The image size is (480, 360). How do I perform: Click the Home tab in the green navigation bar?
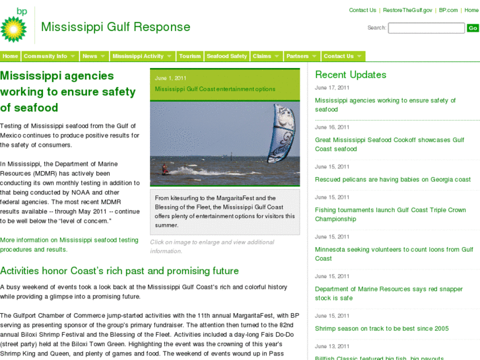(x=11, y=56)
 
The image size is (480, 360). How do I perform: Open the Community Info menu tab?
(x=50, y=56)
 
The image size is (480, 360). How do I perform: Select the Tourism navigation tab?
(x=189, y=56)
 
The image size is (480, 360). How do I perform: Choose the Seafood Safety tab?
(x=226, y=56)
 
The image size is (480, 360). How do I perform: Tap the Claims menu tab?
(x=265, y=56)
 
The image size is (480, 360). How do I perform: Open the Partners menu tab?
(x=301, y=56)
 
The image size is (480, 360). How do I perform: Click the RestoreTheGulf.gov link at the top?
(x=407, y=10)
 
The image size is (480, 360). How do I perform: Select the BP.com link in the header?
(x=448, y=10)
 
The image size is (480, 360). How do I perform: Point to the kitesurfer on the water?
(x=164, y=169)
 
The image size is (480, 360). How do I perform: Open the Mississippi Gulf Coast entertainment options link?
(x=215, y=89)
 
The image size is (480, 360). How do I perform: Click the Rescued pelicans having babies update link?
(x=393, y=180)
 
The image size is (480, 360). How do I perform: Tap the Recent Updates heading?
(x=351, y=75)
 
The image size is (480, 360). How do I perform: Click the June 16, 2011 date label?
(x=332, y=127)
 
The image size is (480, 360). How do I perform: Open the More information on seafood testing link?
(x=69, y=244)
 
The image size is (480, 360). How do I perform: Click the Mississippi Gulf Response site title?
(x=116, y=27)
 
